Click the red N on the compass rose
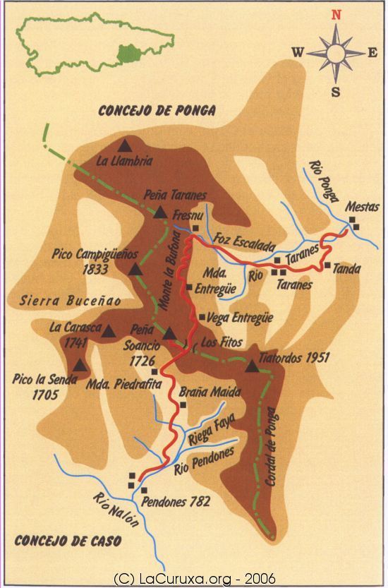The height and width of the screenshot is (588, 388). [x=337, y=14]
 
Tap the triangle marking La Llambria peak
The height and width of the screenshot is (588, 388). [x=126, y=145]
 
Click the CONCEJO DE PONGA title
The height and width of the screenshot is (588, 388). [x=157, y=111]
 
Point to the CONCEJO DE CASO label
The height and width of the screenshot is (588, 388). [x=67, y=541]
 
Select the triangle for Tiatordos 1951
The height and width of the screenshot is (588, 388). [x=252, y=365]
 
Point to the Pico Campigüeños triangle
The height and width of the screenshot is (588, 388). [x=135, y=269]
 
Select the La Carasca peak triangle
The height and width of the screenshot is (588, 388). [x=109, y=330]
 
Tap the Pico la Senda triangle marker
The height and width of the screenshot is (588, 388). [x=80, y=365]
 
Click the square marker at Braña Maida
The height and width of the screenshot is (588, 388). [x=183, y=405]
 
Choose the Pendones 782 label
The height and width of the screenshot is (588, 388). [x=176, y=503]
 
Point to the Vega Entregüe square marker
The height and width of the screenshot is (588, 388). [x=202, y=317]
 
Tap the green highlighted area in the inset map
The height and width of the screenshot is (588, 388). [x=127, y=52]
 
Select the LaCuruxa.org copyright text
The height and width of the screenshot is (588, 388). [x=194, y=579]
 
